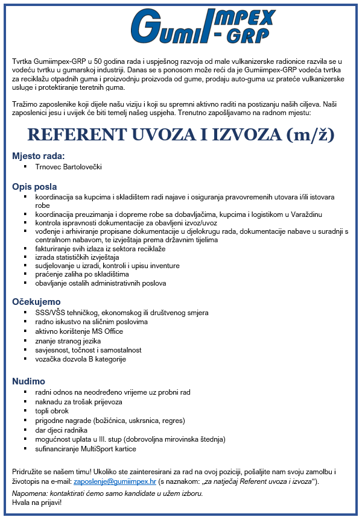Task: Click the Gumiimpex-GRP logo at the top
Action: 203,26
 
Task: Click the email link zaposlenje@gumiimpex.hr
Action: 115,482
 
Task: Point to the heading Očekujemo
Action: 37,302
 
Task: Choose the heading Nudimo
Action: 29,381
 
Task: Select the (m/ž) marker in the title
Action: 310,134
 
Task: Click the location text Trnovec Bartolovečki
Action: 69,166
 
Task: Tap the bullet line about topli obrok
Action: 52,411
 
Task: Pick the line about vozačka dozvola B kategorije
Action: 80,359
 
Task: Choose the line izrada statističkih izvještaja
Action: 77,257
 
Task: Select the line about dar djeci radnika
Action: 62,430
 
